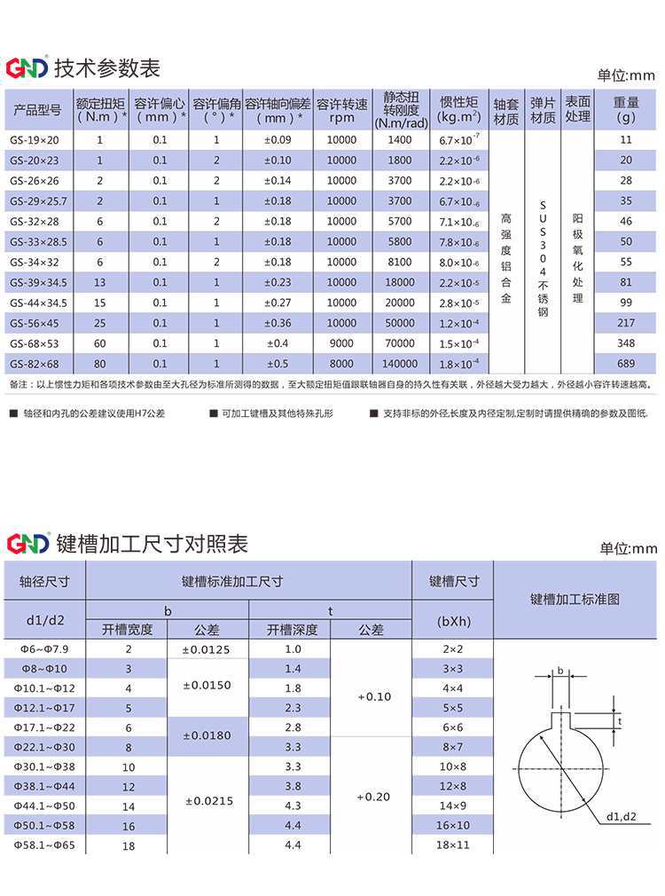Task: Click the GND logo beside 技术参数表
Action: tap(27, 68)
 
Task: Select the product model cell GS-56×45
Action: tap(35, 323)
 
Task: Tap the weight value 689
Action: tap(626, 364)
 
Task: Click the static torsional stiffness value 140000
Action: tap(400, 364)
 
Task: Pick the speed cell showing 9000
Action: tap(341, 343)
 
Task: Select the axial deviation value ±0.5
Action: tap(278, 364)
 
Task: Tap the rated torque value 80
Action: tap(99, 364)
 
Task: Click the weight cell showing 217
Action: tap(626, 323)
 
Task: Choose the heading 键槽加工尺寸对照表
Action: tap(152, 544)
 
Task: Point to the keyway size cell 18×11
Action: tap(453, 846)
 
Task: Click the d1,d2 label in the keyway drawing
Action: tap(622, 815)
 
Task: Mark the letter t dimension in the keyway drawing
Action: tap(620, 721)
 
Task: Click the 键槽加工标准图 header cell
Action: tap(575, 600)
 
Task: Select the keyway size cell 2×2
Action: tap(453, 649)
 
